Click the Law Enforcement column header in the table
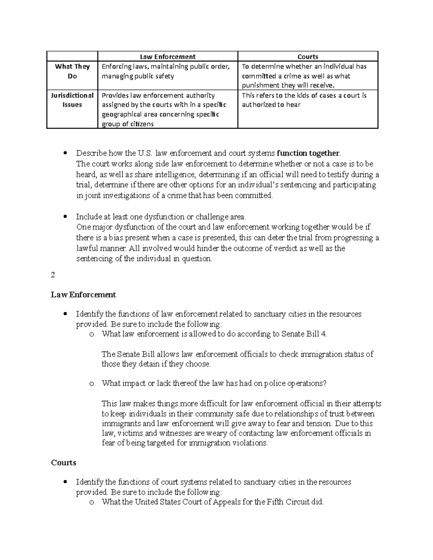tap(168, 57)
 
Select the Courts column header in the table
tap(307, 57)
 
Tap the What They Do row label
tap(72, 71)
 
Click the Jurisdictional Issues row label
tap(72, 100)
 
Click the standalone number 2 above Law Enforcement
tap(53, 275)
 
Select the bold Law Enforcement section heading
tap(83, 295)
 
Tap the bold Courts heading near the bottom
tap(64, 463)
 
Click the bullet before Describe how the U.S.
tap(65, 153)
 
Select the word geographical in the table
tap(120, 114)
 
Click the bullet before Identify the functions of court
tap(65, 482)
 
